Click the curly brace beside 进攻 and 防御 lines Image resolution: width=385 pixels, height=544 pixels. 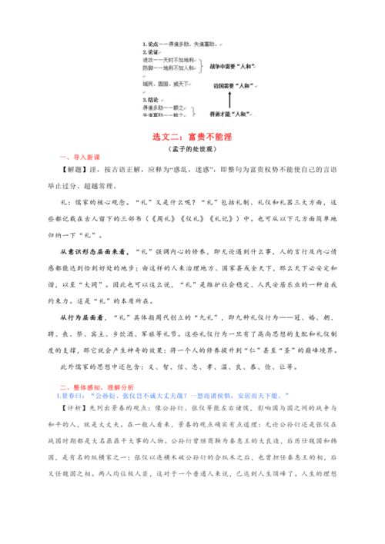tap(203, 67)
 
